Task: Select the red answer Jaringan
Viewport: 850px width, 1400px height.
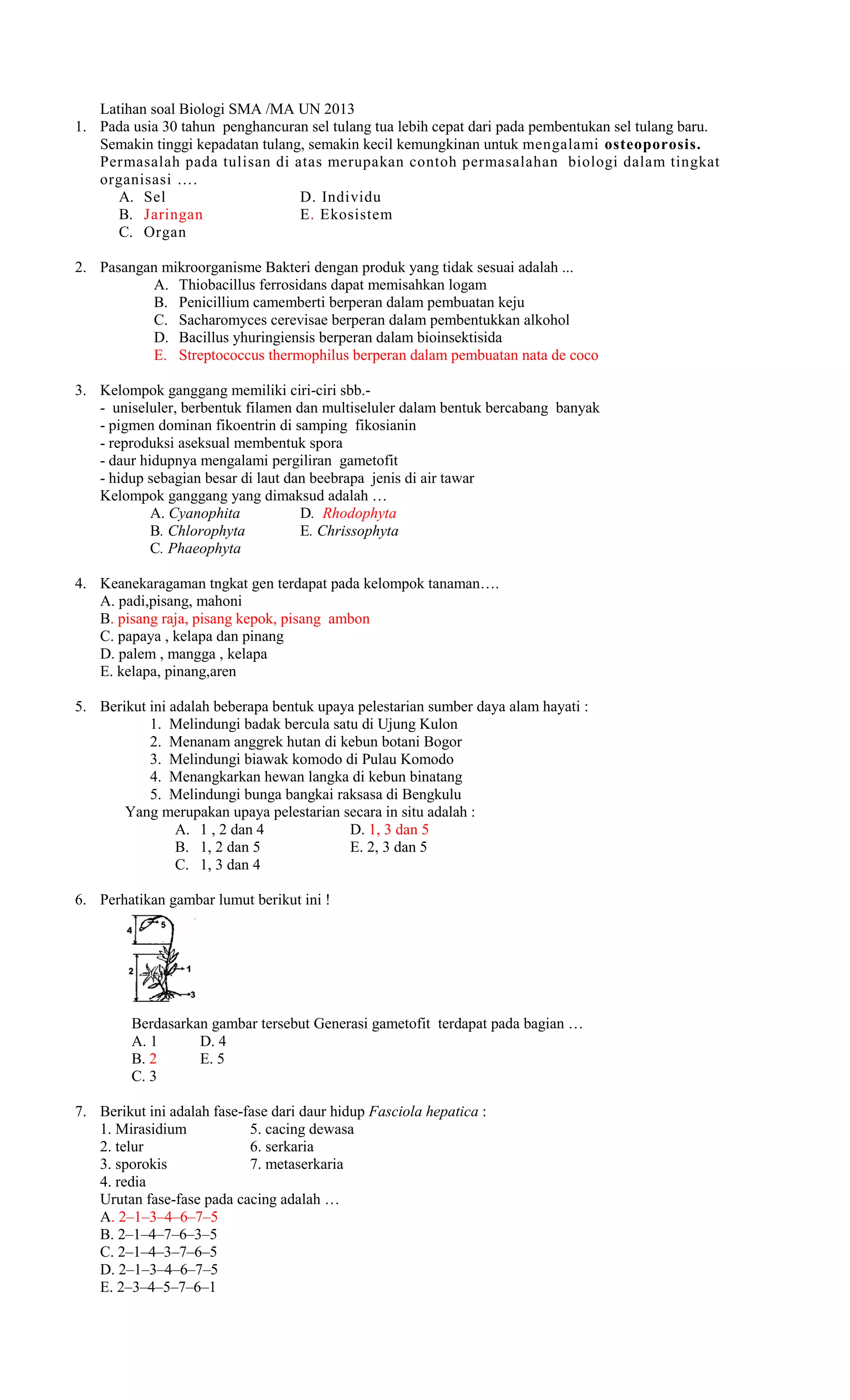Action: [x=173, y=215]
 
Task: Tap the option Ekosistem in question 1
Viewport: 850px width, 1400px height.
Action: [x=356, y=215]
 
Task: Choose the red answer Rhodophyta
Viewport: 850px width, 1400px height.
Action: [x=359, y=513]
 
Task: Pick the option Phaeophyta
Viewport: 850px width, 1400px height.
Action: [x=204, y=549]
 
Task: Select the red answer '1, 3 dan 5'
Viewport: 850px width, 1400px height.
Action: [x=399, y=830]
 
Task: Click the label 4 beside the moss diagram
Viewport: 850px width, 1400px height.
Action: [x=129, y=930]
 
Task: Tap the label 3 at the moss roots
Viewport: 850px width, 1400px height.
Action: [x=193, y=994]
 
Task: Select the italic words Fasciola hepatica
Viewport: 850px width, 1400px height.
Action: [x=423, y=1112]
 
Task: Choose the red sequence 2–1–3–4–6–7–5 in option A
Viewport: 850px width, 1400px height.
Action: [x=168, y=1217]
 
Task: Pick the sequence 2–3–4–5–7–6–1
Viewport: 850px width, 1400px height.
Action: [x=166, y=1288]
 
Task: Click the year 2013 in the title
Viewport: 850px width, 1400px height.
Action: [x=339, y=109]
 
